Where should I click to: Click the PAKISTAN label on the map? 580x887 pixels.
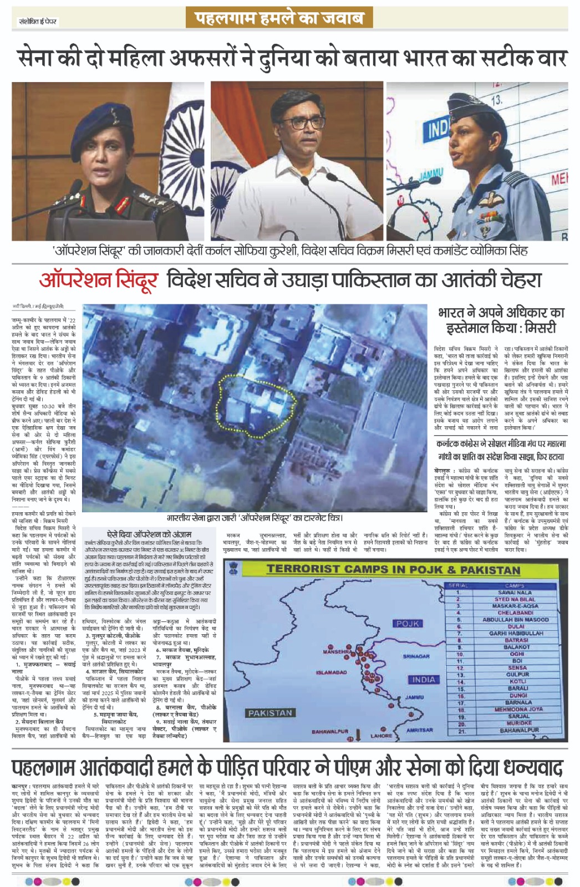pos(269,713)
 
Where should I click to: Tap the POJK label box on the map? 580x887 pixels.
pos(408,624)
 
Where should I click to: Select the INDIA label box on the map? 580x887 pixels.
pos(424,680)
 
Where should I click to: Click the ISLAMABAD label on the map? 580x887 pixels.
pos(331,672)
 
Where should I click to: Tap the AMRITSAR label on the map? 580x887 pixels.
pos(419,730)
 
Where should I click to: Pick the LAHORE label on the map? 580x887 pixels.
pos(381,736)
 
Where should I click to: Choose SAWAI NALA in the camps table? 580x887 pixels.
pos(515,593)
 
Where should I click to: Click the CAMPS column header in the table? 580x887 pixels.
pos(515,586)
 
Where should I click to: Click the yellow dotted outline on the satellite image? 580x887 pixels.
pos(255,397)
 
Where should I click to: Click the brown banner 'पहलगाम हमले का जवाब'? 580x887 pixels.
pos(281,18)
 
